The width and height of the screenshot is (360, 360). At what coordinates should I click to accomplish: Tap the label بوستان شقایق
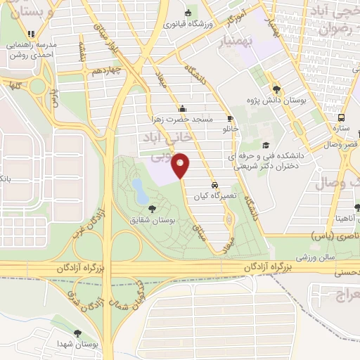tap(152, 221)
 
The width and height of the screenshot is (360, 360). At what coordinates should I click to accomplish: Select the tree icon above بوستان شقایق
tap(153, 208)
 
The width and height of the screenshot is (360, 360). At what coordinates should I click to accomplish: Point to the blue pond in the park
tap(139, 188)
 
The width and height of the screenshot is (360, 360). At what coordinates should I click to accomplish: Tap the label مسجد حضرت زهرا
tap(183, 120)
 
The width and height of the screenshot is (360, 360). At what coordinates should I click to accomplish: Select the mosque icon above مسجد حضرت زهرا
tap(183, 109)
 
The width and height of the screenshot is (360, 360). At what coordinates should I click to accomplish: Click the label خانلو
tap(230, 130)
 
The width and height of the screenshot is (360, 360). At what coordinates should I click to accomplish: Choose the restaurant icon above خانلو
tap(230, 119)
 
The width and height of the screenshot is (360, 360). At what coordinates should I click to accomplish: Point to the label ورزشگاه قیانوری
tap(188, 24)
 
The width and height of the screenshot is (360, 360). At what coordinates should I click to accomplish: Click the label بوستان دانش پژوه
tap(277, 101)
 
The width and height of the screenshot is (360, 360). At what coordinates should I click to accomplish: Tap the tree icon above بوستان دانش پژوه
tap(277, 89)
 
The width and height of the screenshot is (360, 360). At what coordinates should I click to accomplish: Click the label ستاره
tap(342, 129)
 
